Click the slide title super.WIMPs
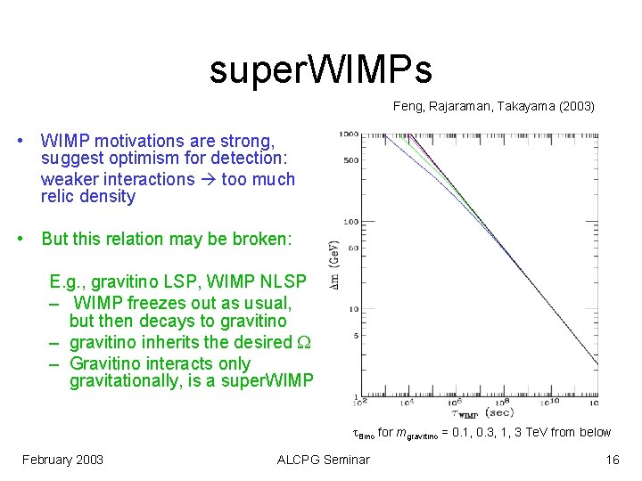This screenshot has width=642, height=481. point(320,69)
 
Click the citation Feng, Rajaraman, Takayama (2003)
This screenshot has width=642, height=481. point(493,106)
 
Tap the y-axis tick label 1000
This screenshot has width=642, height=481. point(349,134)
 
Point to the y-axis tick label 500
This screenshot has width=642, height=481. point(350,160)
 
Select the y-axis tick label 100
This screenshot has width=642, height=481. point(350,221)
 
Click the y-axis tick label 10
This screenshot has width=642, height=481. point(353,309)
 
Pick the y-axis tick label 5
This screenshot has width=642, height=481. point(355,336)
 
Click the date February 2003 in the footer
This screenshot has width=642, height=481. point(63,460)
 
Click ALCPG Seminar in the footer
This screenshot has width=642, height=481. point(323,460)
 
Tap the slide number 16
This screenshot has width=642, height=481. point(612,460)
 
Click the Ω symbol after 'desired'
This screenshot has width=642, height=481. point(304,342)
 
